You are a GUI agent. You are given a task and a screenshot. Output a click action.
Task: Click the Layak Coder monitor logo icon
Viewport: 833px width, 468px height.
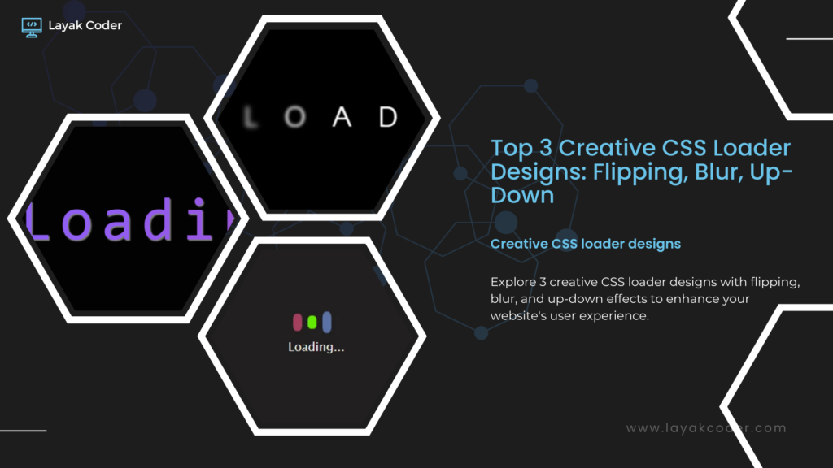[x=31, y=25]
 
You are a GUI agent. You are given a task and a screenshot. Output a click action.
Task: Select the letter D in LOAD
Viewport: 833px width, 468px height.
[x=388, y=118]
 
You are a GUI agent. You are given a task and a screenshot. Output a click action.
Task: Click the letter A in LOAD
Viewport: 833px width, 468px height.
[x=342, y=118]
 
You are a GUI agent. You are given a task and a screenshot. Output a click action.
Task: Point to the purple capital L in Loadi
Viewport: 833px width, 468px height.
[x=40, y=220]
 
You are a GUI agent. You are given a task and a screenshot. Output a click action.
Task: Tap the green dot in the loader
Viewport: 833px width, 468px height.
[x=312, y=322]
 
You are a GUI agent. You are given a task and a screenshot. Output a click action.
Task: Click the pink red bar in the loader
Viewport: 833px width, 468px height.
[x=297, y=322]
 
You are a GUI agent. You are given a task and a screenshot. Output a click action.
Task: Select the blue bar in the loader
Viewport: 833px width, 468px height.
[x=326, y=321]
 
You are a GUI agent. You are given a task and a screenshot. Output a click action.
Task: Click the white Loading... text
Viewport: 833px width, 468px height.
[x=316, y=347]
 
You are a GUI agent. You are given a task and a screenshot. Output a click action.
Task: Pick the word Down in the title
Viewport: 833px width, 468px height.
[x=522, y=196]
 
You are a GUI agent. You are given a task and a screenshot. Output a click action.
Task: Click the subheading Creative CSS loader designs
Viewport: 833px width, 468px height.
[x=586, y=243]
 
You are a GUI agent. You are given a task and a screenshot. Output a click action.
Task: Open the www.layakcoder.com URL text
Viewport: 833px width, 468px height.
[x=706, y=428]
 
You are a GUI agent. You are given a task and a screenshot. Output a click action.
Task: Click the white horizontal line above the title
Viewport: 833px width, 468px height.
[x=809, y=38]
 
